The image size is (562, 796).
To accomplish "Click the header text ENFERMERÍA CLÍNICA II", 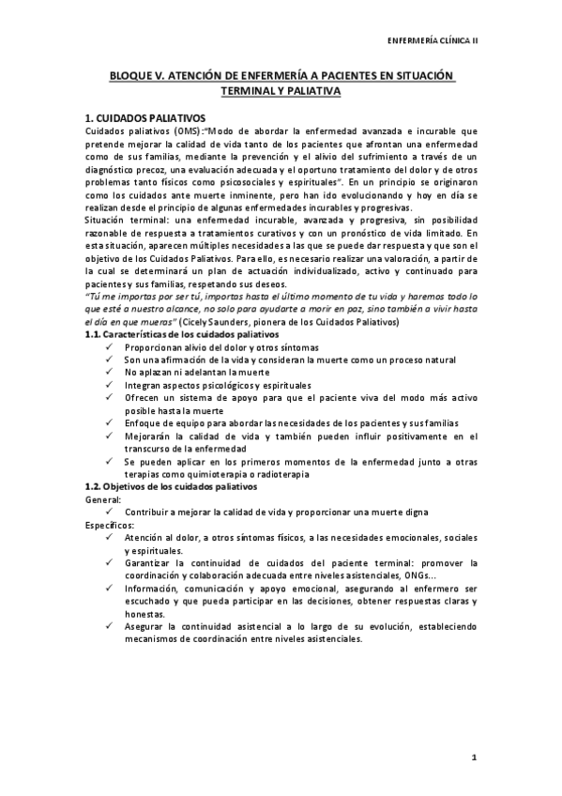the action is [x=439, y=42].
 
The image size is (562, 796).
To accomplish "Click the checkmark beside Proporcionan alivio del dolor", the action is [x=112, y=347].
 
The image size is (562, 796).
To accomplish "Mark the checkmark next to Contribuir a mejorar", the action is [x=112, y=513].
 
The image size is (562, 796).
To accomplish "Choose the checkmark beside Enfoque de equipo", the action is [x=112, y=421].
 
